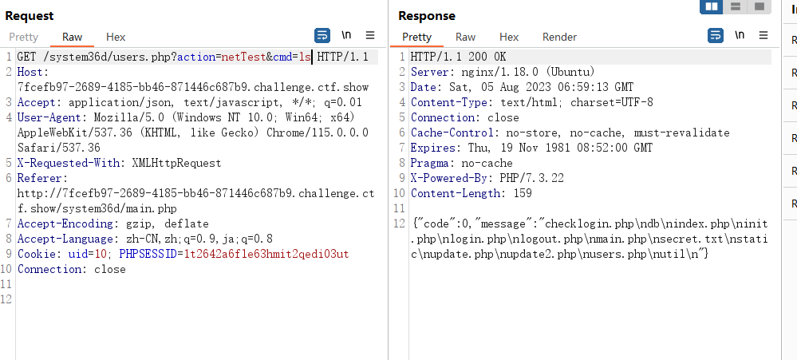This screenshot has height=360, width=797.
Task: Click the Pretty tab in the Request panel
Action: [x=23, y=38]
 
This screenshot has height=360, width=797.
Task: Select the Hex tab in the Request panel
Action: [x=116, y=38]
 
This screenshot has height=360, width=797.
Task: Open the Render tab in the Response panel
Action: [x=559, y=38]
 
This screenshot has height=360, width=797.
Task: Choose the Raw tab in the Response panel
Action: [x=466, y=38]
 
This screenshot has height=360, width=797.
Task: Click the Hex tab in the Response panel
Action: [x=509, y=38]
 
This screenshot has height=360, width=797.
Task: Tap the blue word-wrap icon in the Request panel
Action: [x=322, y=36]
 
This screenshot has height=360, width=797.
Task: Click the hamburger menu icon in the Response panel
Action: [x=763, y=35]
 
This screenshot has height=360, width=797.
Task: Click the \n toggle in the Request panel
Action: [x=346, y=35]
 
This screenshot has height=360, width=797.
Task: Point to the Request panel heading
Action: [x=30, y=16]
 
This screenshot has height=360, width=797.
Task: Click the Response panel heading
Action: [x=427, y=16]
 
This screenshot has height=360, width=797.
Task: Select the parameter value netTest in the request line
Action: [x=243, y=57]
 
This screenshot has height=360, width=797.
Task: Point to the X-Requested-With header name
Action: [x=68, y=163]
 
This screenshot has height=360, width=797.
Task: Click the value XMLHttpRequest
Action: [x=176, y=163]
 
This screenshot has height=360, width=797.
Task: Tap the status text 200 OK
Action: [x=487, y=57]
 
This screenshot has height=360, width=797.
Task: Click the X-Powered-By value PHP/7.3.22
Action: [x=531, y=179]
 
